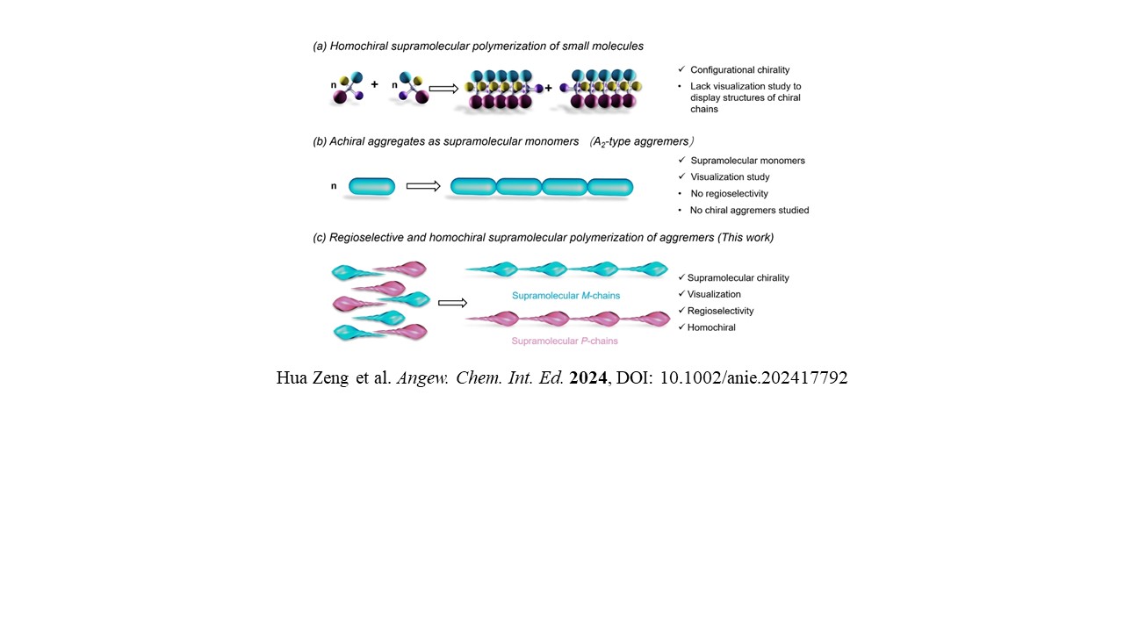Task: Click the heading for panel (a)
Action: click(x=478, y=46)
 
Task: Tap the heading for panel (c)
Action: click(x=543, y=237)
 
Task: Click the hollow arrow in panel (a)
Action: click(x=444, y=88)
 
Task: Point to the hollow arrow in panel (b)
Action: click(x=423, y=186)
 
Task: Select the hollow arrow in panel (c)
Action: click(x=452, y=303)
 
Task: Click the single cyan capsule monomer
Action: click(x=372, y=186)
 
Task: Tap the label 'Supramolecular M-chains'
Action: click(x=566, y=296)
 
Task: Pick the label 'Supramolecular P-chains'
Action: click(x=566, y=341)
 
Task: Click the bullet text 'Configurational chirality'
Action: click(x=739, y=69)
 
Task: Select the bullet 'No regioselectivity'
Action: click(x=729, y=193)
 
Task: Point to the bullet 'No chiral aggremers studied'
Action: click(x=749, y=210)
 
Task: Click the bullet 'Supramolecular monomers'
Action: click(x=747, y=161)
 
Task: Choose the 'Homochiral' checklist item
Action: click(x=711, y=327)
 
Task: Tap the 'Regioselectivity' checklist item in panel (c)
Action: click(x=720, y=311)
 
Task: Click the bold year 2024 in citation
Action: click(x=587, y=378)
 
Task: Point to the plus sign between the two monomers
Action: click(x=374, y=85)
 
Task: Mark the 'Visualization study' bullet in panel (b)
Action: click(x=730, y=177)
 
